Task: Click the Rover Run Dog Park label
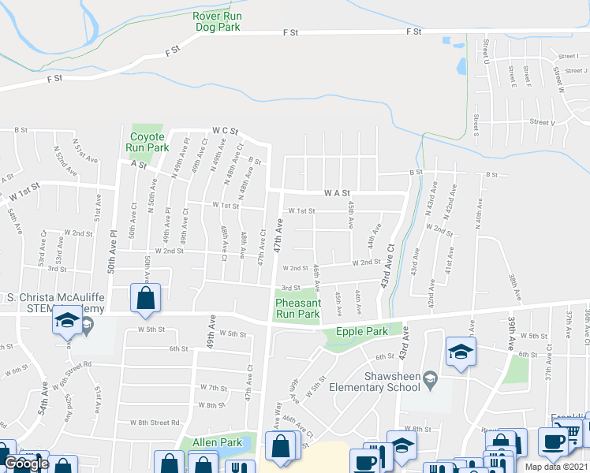(217, 20)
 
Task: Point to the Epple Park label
(361, 332)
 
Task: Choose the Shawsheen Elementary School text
(390, 382)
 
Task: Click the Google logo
(26, 464)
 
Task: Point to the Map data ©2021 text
(556, 467)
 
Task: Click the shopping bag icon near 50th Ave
(146, 298)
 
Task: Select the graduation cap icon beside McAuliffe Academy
(68, 322)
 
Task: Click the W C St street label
(225, 131)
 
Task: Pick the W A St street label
(336, 192)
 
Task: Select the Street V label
(543, 122)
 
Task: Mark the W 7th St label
(213, 388)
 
